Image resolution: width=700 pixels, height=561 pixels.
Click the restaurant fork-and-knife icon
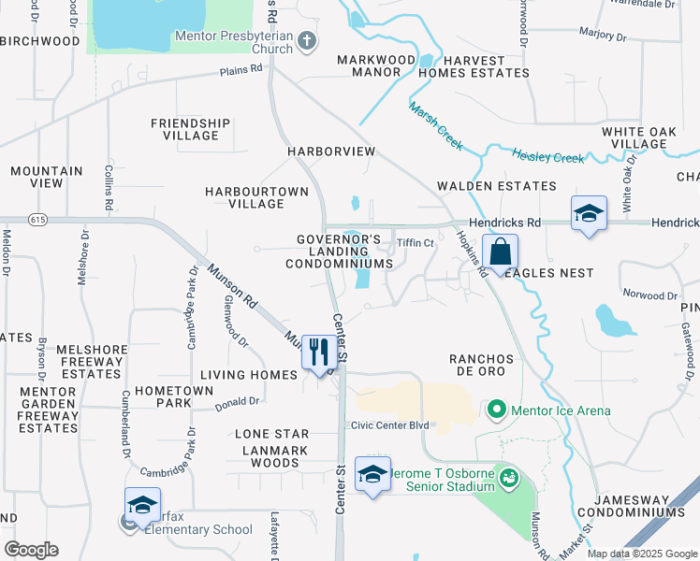tap(319, 352)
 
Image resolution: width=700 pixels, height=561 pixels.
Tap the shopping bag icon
tap(501, 251)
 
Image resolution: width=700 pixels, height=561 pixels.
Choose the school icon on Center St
tap(372, 474)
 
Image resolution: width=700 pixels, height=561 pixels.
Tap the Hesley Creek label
tap(547, 156)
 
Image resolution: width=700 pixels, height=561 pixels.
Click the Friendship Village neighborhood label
tap(190, 129)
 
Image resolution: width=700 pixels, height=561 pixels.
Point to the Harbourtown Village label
tap(256, 197)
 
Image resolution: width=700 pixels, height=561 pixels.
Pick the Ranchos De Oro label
tap(482, 365)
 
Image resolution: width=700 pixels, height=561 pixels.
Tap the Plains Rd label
tap(241, 71)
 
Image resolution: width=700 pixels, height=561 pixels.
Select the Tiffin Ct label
tap(416, 243)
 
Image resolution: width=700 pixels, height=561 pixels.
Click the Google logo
tap(31, 550)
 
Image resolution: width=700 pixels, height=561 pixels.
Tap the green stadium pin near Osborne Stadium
tap(508, 478)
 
